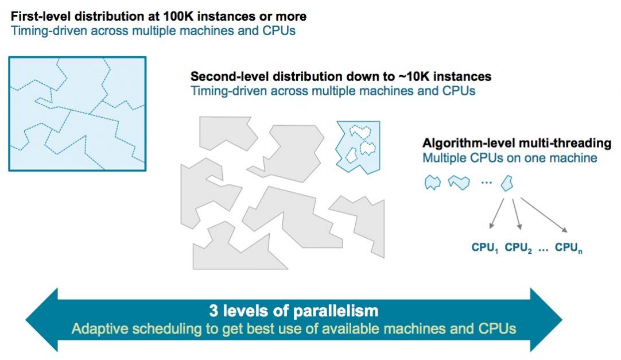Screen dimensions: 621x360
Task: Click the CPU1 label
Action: [484, 248]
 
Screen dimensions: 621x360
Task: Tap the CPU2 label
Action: [518, 248]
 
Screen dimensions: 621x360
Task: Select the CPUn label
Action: [568, 248]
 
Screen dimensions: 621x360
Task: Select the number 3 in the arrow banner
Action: [214, 311]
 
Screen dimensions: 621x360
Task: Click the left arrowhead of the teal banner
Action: [41, 320]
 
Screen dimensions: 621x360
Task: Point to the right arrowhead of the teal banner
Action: [546, 320]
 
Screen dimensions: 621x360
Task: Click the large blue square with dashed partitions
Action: [77, 114]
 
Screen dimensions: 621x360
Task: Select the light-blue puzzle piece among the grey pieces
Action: [358, 146]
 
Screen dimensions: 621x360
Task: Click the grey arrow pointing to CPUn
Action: [544, 215]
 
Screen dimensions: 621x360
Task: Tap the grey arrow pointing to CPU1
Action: [496, 214]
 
